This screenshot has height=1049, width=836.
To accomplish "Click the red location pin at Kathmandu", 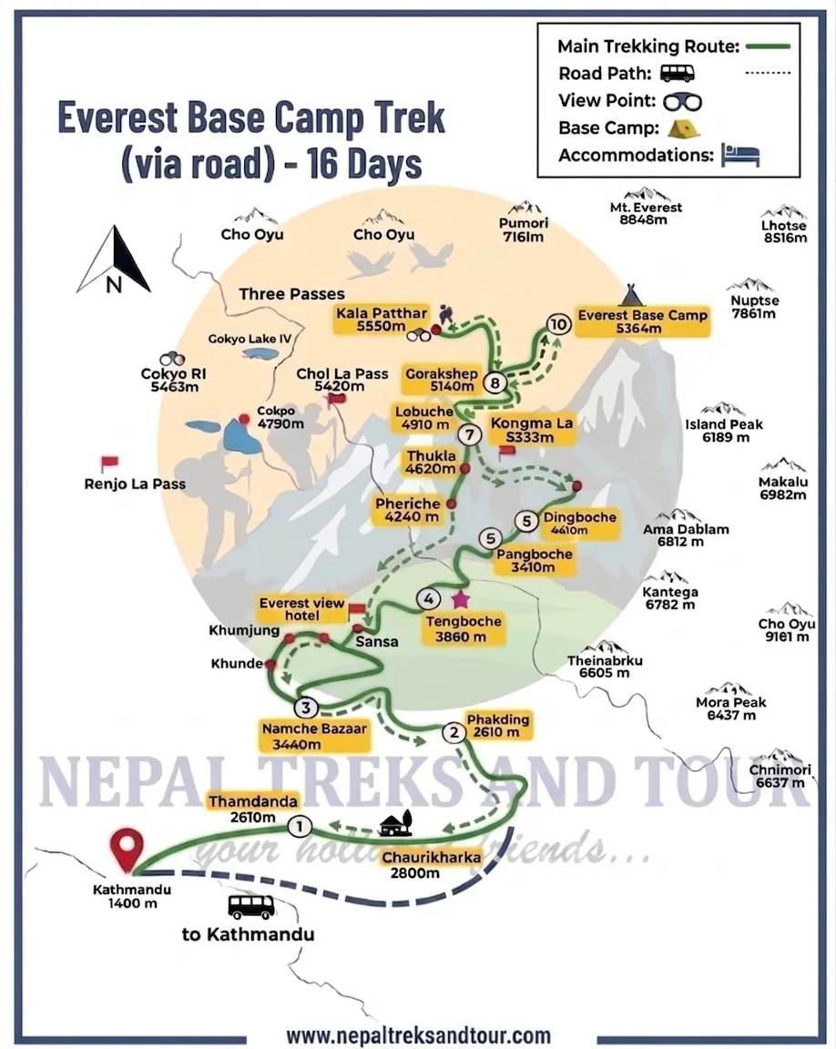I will click(124, 847).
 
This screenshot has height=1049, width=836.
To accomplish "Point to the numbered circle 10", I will click(559, 323).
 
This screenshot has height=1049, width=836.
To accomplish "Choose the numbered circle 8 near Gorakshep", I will click(495, 382).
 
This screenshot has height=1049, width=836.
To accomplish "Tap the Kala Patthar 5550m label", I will click(382, 320).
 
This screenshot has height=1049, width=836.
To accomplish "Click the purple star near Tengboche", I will click(460, 598).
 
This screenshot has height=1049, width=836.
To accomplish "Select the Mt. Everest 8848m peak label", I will click(646, 213).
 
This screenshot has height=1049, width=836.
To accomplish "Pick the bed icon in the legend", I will click(739, 154).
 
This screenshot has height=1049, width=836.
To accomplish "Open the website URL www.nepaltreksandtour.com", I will click(418, 1035).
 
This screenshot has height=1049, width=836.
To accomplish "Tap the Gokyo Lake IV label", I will click(250, 339).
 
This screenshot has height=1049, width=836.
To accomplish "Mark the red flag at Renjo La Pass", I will click(110, 463).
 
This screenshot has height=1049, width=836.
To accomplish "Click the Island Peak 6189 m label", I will click(724, 431).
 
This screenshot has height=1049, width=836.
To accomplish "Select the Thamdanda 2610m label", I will click(254, 809).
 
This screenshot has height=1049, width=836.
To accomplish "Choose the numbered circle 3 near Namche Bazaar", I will click(307, 708).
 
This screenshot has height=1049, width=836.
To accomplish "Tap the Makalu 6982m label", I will click(783, 488).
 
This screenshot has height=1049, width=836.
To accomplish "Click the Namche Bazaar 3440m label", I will click(302, 736).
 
